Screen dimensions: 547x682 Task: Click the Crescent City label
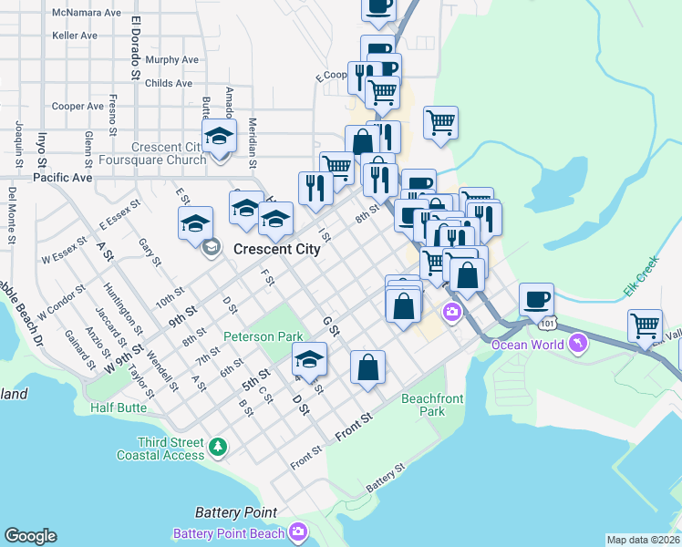277,249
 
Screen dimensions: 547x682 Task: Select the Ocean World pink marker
576,343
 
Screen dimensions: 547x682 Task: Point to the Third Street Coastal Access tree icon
217,447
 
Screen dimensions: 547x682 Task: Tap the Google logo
30,536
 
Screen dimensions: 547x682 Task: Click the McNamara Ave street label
88,14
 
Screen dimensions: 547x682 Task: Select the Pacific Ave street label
63,177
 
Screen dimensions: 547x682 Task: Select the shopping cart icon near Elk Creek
644,325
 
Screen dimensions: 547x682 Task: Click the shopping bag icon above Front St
367,368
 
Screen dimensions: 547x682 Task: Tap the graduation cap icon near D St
310,359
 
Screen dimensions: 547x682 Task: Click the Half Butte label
119,408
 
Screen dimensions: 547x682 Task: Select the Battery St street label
385,479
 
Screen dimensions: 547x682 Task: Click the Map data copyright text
643,539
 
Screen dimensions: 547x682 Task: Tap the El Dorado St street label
136,47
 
